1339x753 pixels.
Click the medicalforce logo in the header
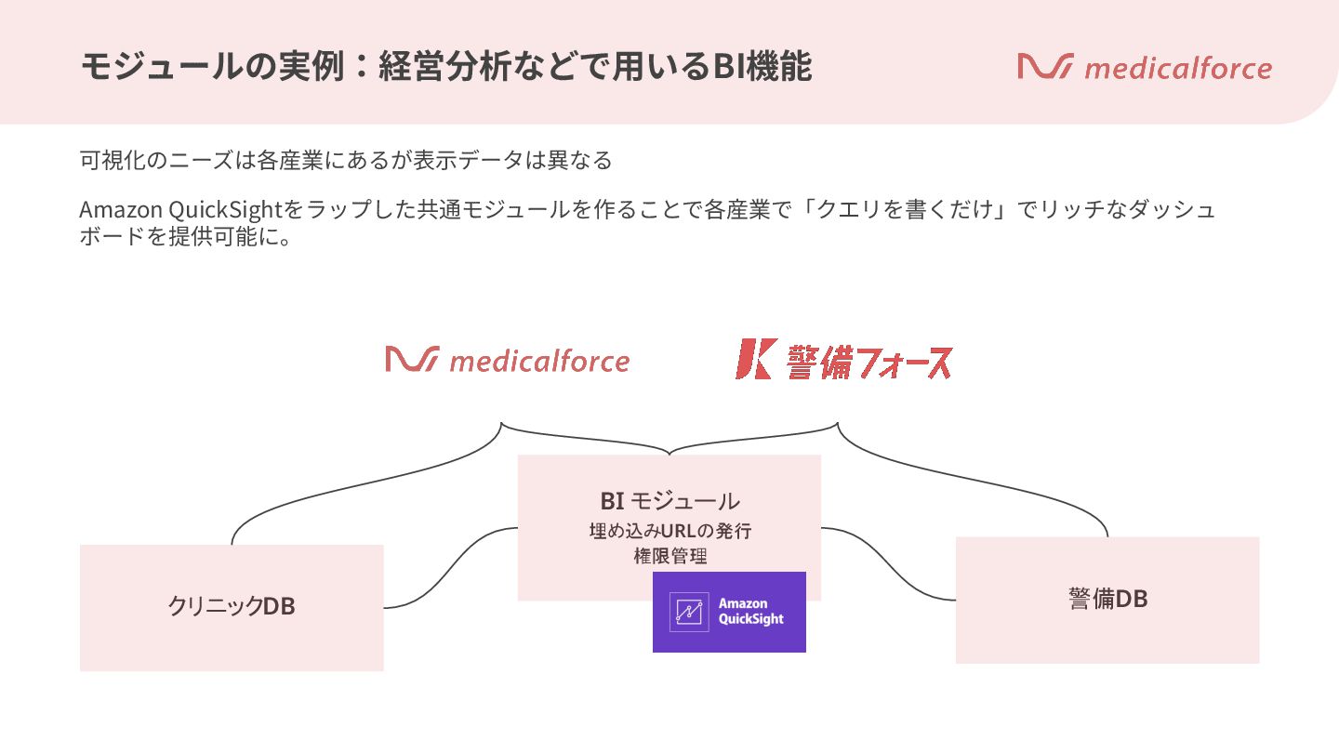1145,68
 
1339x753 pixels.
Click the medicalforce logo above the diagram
507,360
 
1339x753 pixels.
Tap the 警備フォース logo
843,360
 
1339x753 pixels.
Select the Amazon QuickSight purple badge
729,612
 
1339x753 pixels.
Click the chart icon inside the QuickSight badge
689,612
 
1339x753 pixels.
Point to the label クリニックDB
232,606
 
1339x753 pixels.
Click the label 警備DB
1107,599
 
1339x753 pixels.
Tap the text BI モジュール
669,500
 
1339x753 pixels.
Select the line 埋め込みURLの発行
669,532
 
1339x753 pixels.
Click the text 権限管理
669,556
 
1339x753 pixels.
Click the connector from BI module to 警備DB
888,563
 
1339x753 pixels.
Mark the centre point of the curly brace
669,453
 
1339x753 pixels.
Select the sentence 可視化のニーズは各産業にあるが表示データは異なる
346,160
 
